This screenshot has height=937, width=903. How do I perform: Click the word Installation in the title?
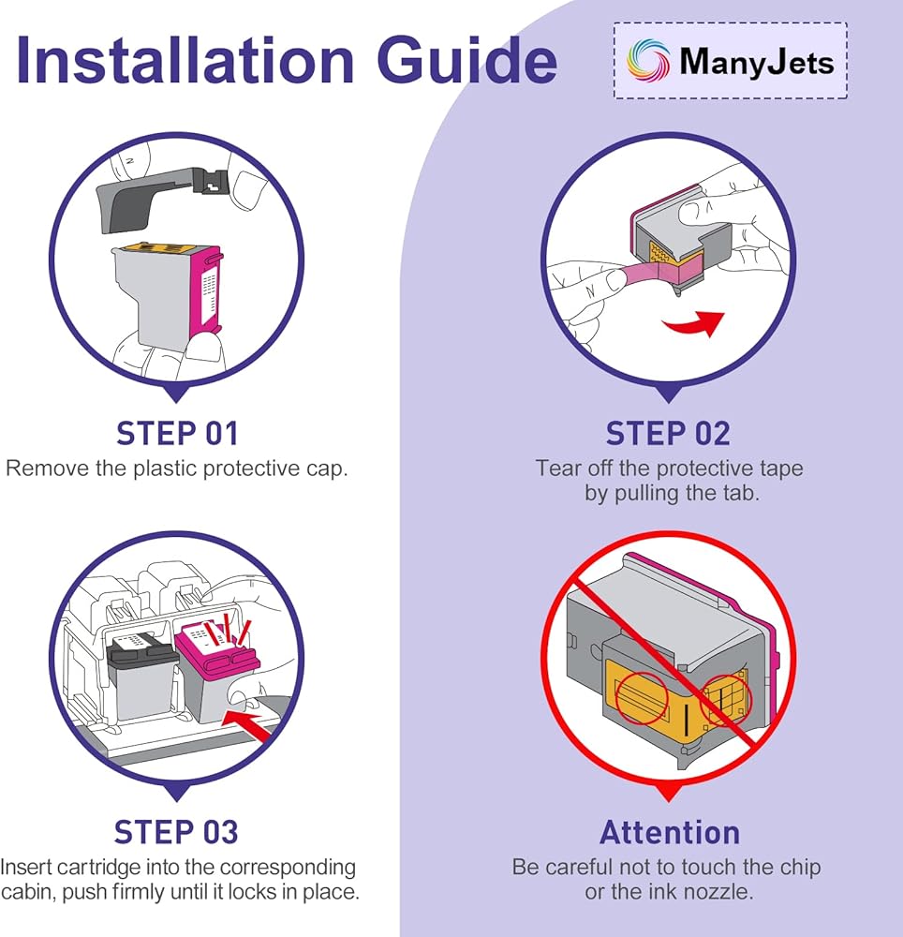(x=185, y=60)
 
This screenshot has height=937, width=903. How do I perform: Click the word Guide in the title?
(x=467, y=60)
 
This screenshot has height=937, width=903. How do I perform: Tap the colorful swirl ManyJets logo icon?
(x=647, y=60)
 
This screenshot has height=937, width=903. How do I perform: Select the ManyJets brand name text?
(x=757, y=62)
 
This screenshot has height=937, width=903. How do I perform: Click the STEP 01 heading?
(x=177, y=433)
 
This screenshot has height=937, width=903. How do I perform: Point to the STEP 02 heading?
(x=668, y=433)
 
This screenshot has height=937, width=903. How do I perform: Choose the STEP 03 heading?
(x=176, y=832)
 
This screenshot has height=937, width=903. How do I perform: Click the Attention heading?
(x=670, y=832)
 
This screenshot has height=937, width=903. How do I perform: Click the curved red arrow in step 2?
(x=694, y=323)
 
